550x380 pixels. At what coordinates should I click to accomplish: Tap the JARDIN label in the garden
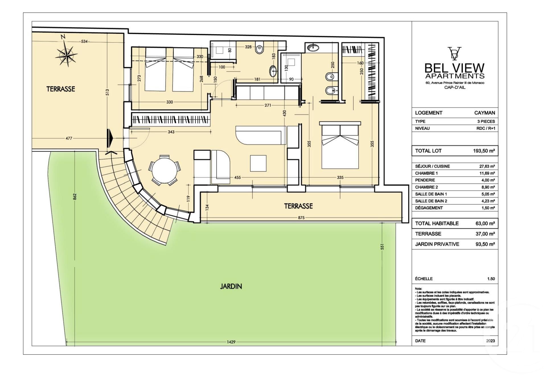(231, 286)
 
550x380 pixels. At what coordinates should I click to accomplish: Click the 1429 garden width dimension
(231, 342)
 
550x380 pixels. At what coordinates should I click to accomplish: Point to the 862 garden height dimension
(75, 197)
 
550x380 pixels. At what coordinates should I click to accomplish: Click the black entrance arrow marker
(110, 138)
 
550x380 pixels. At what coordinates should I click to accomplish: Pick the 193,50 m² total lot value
(484, 151)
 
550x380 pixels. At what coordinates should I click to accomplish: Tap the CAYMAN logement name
(485, 113)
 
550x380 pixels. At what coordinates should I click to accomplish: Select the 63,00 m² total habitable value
(485, 223)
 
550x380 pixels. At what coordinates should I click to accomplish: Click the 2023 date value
(491, 341)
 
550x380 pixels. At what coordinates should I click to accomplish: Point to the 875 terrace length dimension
(301, 218)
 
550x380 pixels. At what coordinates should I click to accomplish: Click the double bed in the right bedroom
(340, 145)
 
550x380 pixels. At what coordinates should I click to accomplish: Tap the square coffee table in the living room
(258, 163)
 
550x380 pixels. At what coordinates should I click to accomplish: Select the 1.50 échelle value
(491, 279)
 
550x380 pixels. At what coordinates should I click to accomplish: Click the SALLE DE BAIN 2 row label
(431, 201)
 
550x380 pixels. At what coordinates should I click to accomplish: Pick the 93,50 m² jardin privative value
(485, 244)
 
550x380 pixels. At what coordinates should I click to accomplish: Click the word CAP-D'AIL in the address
(455, 87)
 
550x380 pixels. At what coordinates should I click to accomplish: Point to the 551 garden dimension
(382, 247)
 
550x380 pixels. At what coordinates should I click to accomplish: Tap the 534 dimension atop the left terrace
(84, 42)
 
